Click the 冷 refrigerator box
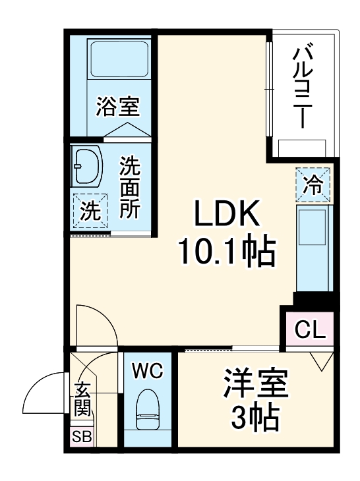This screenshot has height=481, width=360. click(x=313, y=184)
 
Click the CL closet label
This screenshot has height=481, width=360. click(x=309, y=329)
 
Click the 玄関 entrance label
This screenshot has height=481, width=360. click(x=82, y=399)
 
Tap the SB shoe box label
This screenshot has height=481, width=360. click(x=81, y=437)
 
